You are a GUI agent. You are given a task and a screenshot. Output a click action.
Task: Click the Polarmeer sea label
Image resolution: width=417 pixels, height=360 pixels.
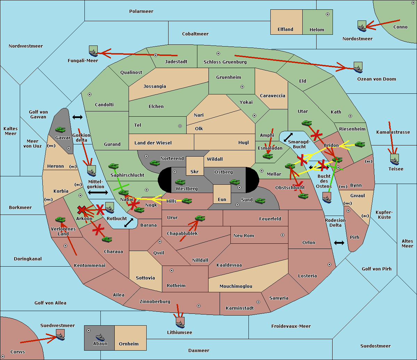(141, 11)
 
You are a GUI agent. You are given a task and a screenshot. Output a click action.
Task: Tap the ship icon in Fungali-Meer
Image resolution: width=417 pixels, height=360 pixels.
(93, 51)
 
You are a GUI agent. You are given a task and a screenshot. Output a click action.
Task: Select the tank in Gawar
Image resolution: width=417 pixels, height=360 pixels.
(60, 129)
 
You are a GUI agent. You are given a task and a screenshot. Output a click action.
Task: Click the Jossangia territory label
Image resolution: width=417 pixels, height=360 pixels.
(155, 86)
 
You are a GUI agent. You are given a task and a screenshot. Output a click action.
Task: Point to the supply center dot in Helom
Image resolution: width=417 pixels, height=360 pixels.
(328, 14)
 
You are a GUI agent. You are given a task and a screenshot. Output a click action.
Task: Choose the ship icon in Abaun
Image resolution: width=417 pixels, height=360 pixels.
(100, 337)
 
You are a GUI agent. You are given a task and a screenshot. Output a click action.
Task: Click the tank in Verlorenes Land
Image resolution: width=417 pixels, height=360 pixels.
(60, 219)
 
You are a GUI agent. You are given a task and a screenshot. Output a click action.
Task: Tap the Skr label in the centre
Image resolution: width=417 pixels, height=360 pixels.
(195, 171)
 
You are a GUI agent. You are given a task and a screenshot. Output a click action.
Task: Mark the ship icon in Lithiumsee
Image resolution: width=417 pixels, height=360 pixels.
(180, 323)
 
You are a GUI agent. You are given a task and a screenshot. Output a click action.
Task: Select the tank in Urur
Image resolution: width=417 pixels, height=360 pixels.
(200, 218)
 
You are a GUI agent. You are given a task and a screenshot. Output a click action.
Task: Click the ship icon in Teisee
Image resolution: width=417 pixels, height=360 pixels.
(394, 160)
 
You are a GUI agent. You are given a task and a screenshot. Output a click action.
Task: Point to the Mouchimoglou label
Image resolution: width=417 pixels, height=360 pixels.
(236, 286)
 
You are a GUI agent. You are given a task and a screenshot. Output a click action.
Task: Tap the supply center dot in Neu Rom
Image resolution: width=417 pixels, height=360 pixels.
(283, 235)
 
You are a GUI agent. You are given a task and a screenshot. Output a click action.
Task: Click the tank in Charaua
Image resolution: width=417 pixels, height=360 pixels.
(107, 239)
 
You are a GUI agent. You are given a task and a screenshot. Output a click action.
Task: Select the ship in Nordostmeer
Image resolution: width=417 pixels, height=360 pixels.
(362, 26)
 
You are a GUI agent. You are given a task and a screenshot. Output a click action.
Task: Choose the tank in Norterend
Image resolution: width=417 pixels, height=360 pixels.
(155, 163)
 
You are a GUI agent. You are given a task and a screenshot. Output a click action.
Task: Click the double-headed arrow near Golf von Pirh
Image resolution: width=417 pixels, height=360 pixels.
(339, 243)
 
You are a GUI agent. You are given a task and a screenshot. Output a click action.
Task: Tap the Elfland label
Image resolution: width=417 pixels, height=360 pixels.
(285, 29)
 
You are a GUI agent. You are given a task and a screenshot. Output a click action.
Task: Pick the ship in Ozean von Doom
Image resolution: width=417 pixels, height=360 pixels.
(358, 67)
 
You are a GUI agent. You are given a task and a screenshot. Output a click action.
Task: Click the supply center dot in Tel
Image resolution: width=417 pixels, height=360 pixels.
(180, 126)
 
